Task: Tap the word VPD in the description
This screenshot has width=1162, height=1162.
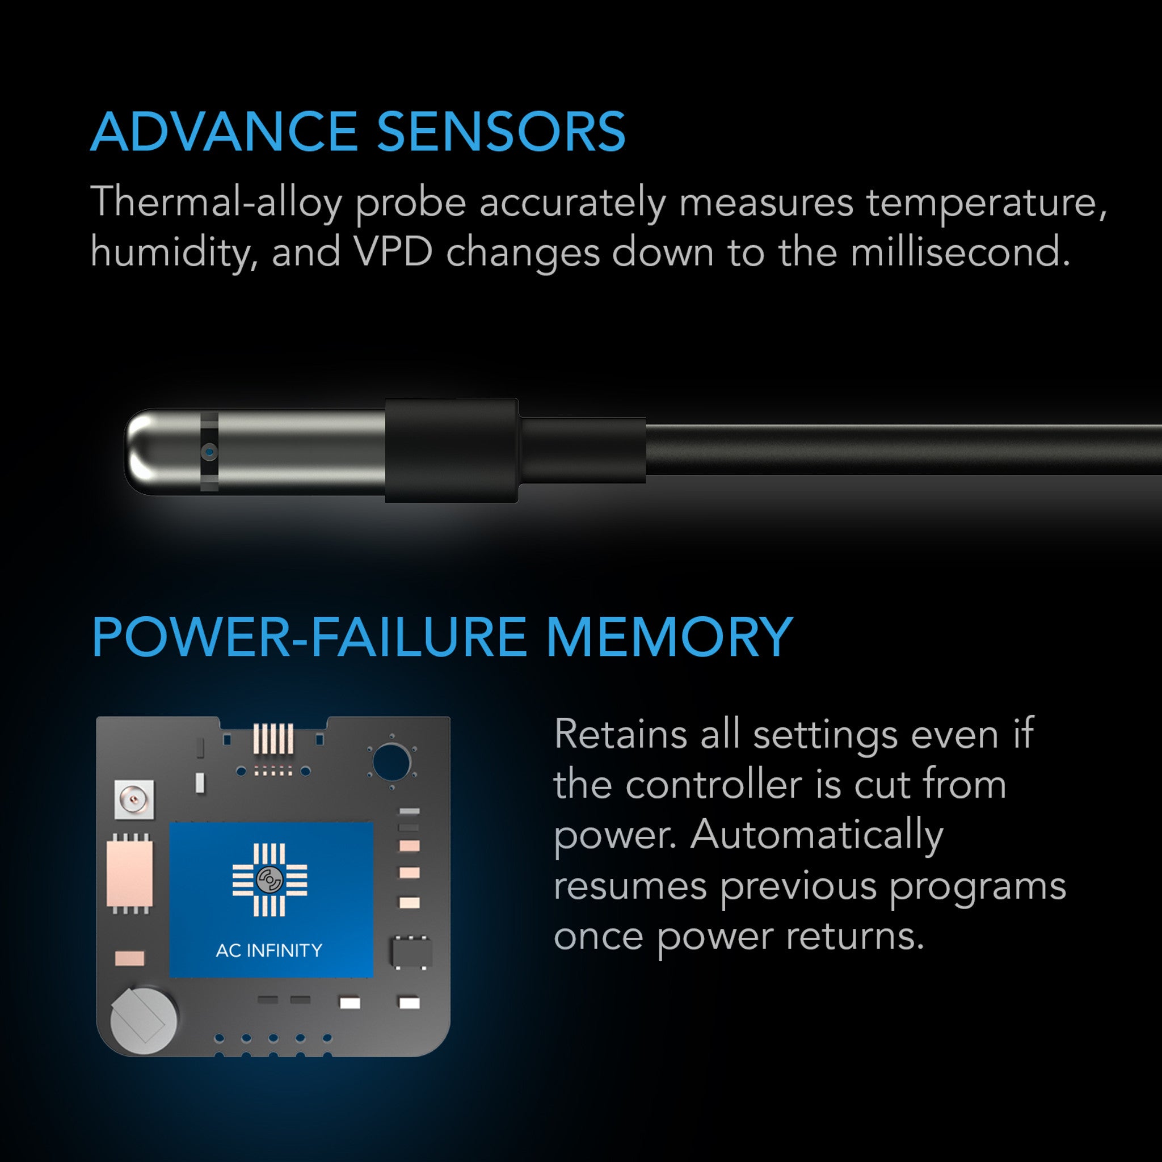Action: [393, 252]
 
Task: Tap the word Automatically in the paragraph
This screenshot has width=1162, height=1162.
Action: [817, 835]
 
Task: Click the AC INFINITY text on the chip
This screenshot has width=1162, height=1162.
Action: [269, 950]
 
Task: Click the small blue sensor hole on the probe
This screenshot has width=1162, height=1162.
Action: [209, 451]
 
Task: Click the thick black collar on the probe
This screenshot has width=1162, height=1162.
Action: [451, 450]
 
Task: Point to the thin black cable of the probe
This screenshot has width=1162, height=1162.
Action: [902, 449]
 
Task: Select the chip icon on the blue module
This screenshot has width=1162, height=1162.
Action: [270, 880]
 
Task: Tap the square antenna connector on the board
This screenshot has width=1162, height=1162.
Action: [133, 800]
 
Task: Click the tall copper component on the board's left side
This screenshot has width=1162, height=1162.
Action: [129, 873]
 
